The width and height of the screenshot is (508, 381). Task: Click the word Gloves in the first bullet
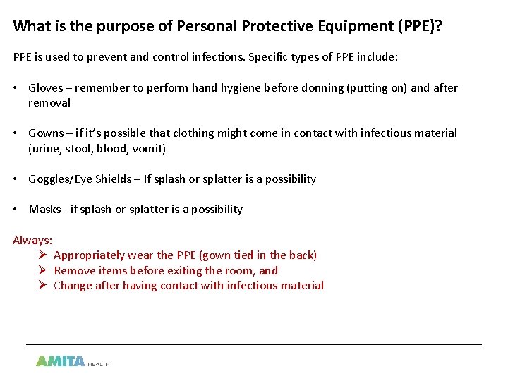45,88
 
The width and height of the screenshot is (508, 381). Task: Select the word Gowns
46,133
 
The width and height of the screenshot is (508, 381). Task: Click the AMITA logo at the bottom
61,361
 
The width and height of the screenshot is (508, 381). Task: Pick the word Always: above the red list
32,241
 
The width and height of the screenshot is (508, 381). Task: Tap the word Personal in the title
206,27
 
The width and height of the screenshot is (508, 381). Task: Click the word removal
49,103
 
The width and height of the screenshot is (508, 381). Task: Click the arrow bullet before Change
42,286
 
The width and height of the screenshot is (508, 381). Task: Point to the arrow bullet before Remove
42,270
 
